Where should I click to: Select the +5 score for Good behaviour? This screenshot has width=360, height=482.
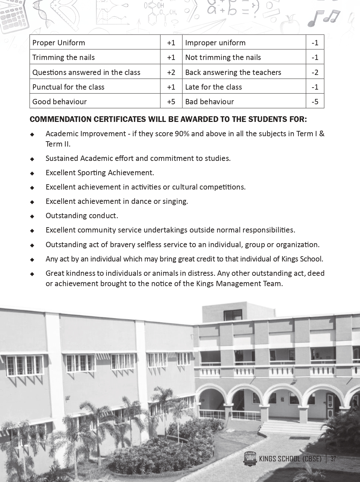(171, 102)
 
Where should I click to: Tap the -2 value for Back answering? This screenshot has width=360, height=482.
(315, 72)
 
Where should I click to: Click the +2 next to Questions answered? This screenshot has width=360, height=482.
(171, 72)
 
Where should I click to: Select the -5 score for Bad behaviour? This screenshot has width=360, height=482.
(315, 102)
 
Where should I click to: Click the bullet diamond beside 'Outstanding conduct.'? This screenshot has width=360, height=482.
(32, 216)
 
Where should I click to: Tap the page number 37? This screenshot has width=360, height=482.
(333, 459)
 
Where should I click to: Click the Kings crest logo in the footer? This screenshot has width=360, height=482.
(250, 459)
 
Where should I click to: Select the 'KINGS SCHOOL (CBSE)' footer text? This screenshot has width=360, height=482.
(290, 459)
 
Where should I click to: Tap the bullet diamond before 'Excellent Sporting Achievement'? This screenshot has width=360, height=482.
(32, 173)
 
